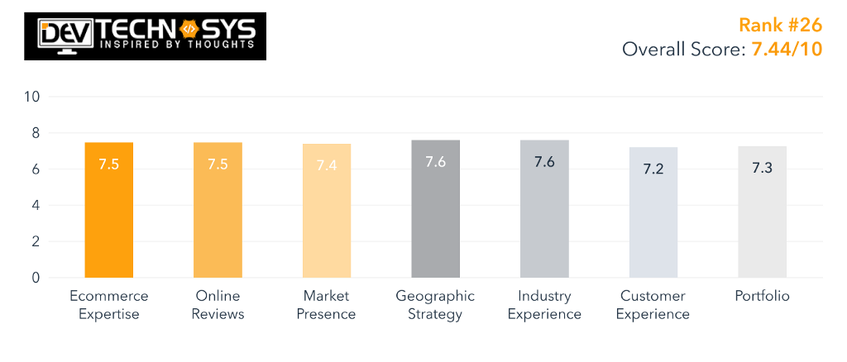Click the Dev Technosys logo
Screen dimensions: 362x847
145,36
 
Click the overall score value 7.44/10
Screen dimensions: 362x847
786,49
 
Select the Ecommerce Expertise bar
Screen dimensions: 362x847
108,210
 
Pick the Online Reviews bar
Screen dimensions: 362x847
218,210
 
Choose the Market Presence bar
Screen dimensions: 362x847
327,211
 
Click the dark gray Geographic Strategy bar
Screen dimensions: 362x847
435,209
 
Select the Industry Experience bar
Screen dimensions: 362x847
544,209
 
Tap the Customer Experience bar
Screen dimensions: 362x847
653,212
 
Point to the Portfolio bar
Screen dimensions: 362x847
762,212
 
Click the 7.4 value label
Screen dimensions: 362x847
327,165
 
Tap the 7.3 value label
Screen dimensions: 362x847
762,167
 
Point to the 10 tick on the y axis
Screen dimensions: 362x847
32,97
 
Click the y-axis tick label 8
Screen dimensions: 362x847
36,133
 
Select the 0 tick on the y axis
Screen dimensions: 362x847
36,278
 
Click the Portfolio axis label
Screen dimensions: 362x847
762,296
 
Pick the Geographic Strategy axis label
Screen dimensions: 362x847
435,305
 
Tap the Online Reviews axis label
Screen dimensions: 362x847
218,305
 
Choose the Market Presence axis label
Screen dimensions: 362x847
327,305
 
